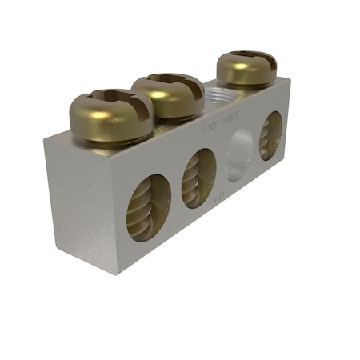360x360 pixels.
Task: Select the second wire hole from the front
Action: (199, 178)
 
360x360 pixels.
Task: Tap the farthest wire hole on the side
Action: (271, 134)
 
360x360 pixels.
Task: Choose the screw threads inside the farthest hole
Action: (270, 136)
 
